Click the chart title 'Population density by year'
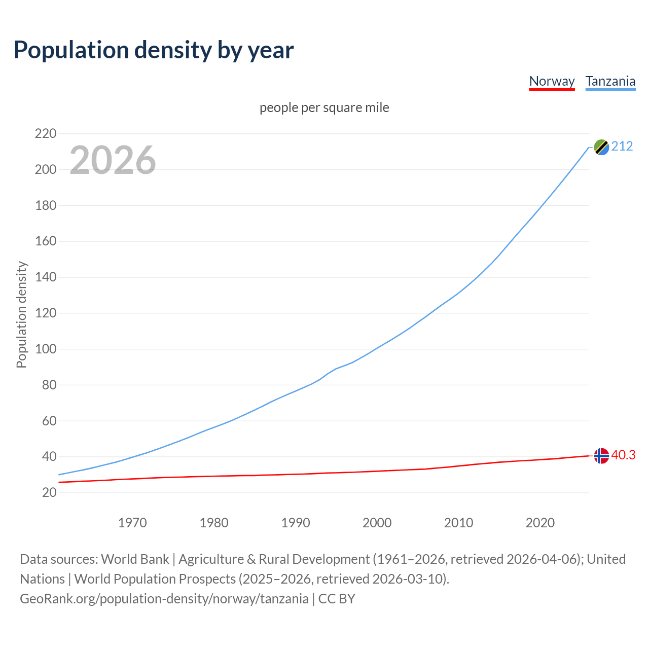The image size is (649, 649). pyautogui.click(x=154, y=50)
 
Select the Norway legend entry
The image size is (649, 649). pyautogui.click(x=552, y=81)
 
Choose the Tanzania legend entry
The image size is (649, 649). pyautogui.click(x=610, y=81)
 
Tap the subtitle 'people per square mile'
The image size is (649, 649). pyautogui.click(x=324, y=107)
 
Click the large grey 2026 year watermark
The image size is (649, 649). pyautogui.click(x=113, y=160)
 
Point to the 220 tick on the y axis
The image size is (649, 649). pyautogui.click(x=45, y=134)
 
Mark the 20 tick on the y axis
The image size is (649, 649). pyautogui.click(x=49, y=492)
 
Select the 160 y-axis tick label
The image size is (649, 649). pyautogui.click(x=45, y=241)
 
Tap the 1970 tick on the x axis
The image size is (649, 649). pyautogui.click(x=132, y=523)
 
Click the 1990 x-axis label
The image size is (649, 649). pyautogui.click(x=296, y=523)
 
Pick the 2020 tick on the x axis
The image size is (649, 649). pyautogui.click(x=540, y=523)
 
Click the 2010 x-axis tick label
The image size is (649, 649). pyautogui.click(x=458, y=523)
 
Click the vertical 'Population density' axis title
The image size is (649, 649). pyautogui.click(x=21, y=314)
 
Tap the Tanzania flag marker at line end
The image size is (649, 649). pyautogui.click(x=601, y=147)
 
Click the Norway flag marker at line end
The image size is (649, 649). pyautogui.click(x=601, y=456)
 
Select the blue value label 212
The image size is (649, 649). pyautogui.click(x=622, y=147)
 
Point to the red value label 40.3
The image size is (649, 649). pyautogui.click(x=623, y=455)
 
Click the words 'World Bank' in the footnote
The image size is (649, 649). pyautogui.click(x=135, y=559)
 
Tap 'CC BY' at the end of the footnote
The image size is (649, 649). pyautogui.click(x=337, y=599)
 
